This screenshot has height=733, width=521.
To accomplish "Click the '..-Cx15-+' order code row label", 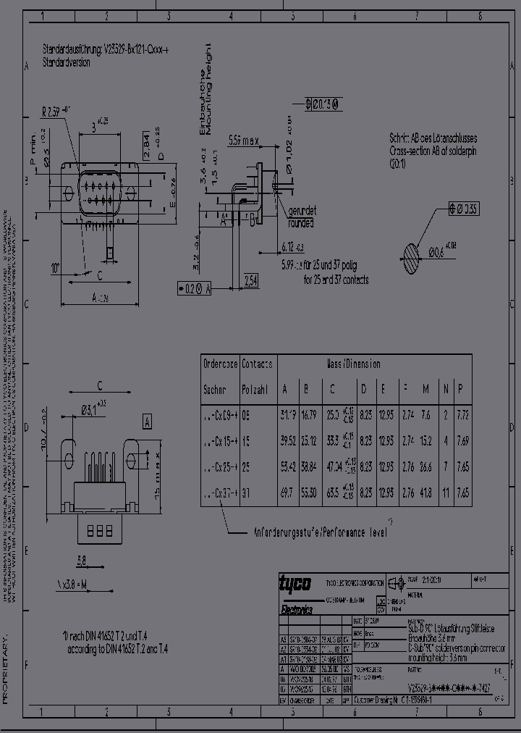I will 220,441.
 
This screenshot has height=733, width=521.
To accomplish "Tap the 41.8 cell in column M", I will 425,492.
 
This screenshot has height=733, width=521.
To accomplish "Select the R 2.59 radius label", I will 54,112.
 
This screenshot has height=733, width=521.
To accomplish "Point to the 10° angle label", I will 56,269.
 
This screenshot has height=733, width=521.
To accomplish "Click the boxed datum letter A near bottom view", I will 148,422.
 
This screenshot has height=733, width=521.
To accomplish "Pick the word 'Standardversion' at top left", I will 66,63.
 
